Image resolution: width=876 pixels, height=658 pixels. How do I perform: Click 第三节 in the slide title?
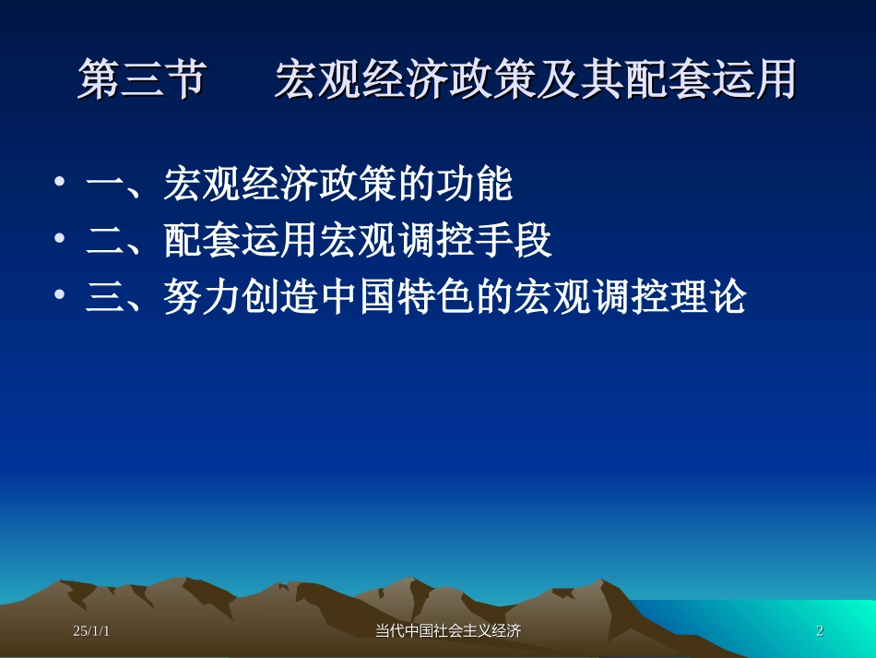tap(140, 80)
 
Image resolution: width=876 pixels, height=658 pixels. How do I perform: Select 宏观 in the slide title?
tap(317, 80)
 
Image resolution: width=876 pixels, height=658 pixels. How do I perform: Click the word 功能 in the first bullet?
tap(475, 185)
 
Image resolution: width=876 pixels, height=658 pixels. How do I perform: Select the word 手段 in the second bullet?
tap(514, 241)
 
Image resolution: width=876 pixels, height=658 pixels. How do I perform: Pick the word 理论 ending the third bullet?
tap(707, 297)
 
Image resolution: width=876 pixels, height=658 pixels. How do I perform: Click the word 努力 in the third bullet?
tap(203, 297)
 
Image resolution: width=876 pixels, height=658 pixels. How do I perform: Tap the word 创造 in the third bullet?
tap(280, 297)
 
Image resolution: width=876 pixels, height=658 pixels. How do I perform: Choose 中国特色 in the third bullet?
tap(397, 297)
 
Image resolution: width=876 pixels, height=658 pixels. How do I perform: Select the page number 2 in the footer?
tap(820, 631)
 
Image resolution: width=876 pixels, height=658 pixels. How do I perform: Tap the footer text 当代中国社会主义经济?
tap(448, 631)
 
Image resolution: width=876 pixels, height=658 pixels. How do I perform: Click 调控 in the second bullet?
tap(436, 241)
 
